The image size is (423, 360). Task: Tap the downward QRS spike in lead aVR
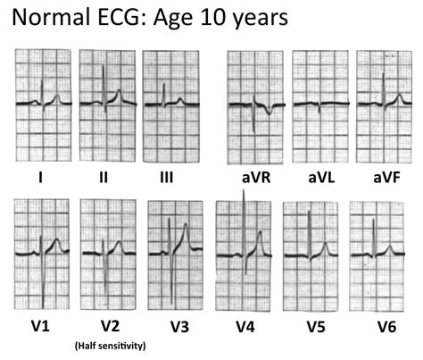pos(253,130)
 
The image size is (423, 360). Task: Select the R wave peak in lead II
pos(104,67)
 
